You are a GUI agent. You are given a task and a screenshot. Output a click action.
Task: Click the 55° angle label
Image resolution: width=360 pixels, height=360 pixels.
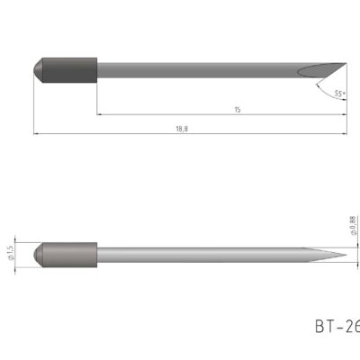pyautogui.click(x=338, y=94)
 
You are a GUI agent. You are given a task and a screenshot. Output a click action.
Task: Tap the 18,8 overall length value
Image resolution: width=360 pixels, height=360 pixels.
pyautogui.click(x=183, y=129)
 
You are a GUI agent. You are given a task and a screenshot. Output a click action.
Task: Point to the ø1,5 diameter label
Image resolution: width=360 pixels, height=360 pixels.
pyautogui.click(x=11, y=253)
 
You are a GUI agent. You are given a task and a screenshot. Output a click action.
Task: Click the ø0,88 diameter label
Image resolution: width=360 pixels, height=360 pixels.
pyautogui.click(x=353, y=224)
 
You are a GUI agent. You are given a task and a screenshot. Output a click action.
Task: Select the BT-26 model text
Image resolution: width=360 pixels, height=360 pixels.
pyautogui.click(x=337, y=326)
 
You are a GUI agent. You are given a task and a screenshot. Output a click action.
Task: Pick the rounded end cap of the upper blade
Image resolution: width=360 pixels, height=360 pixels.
pyautogui.click(x=39, y=67)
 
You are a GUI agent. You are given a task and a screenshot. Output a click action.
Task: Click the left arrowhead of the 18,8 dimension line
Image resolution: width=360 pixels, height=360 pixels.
pyautogui.click(x=36, y=134)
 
